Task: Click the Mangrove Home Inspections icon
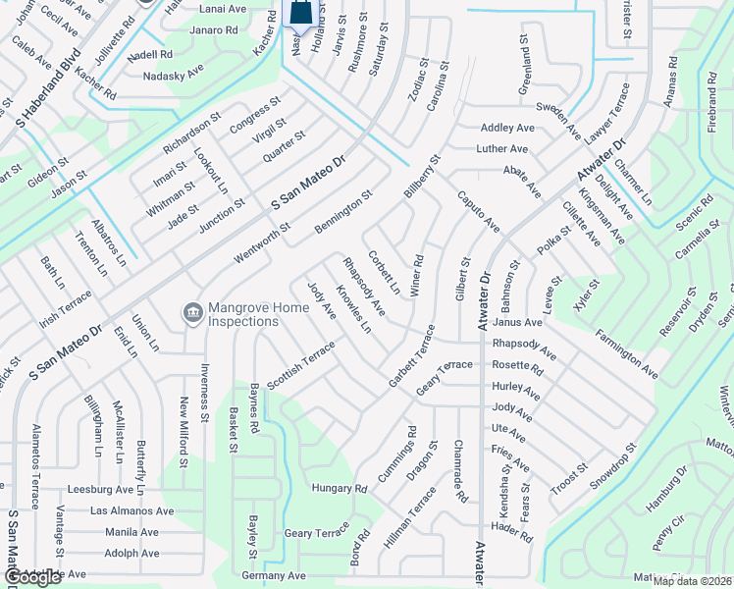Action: tap(193, 313)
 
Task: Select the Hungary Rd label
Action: tap(339, 487)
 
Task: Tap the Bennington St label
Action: tap(343, 212)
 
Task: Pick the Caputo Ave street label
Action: tap(478, 212)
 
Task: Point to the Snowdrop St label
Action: tap(613, 466)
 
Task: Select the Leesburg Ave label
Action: tap(99, 489)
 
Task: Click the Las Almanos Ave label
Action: tap(131, 511)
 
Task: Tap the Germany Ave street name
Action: tap(269, 575)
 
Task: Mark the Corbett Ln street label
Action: tap(384, 272)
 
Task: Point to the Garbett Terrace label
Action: tap(411, 354)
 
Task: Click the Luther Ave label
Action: tap(502, 149)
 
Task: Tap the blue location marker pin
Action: tap(303, 14)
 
